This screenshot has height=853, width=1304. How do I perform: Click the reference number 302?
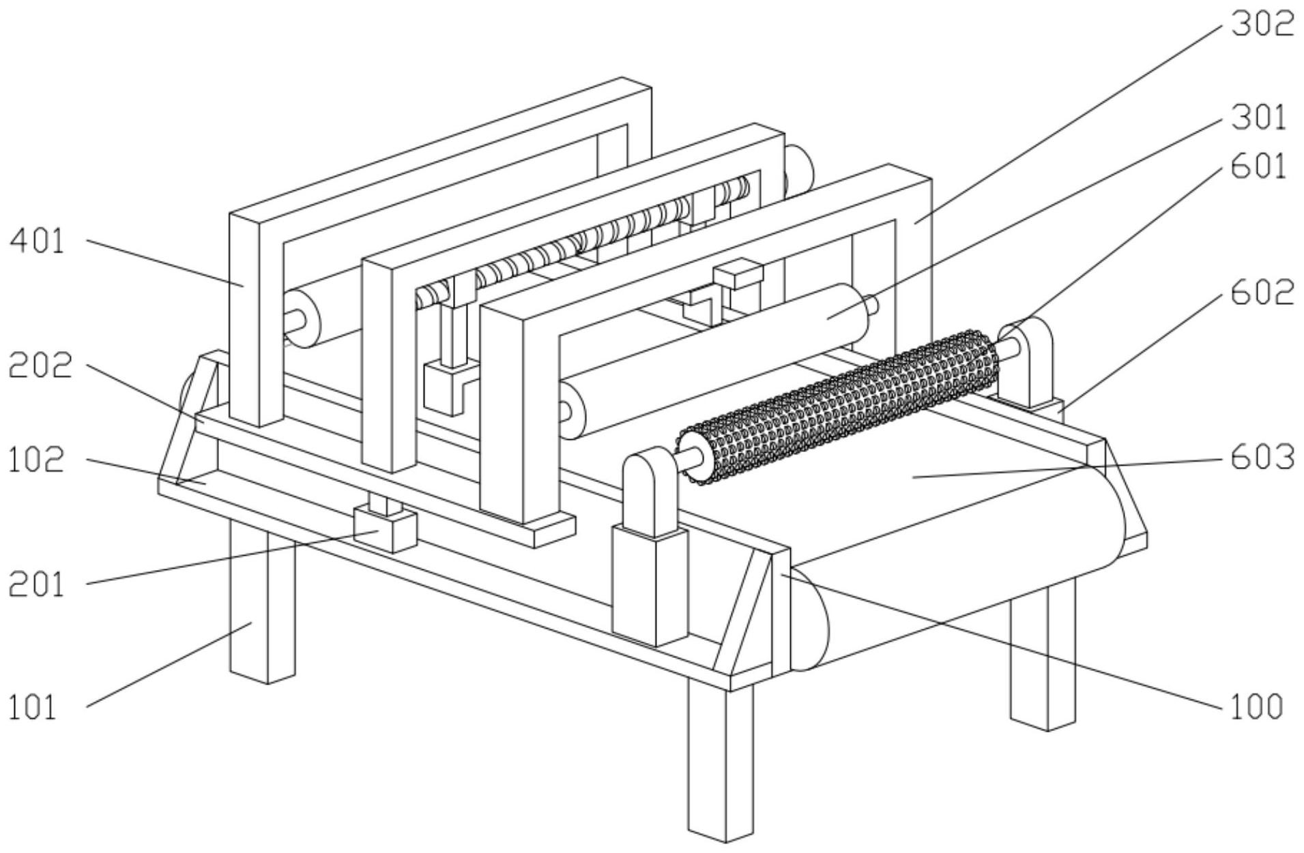tap(1262, 25)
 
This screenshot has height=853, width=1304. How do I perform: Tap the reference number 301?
tap(1258, 118)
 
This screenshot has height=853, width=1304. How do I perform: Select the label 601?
tap(1258, 167)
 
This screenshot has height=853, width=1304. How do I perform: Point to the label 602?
tap(1262, 293)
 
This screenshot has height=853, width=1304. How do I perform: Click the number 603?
tap(1262, 458)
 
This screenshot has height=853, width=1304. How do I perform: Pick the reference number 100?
tap(1256, 707)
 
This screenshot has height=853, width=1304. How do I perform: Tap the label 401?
tap(37, 241)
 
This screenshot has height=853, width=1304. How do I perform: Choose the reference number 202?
tap(40, 366)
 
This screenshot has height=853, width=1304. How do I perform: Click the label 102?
tap(35, 460)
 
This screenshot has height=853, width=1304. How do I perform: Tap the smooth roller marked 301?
tap(716, 361)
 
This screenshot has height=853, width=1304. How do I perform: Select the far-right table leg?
tap(1042, 655)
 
